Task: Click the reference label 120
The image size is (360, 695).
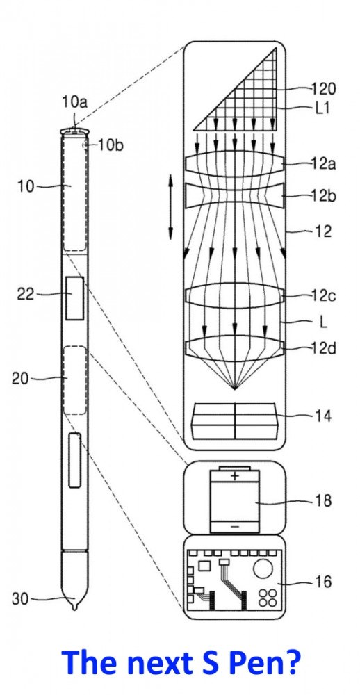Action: click(x=324, y=89)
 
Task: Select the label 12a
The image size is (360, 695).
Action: click(x=323, y=164)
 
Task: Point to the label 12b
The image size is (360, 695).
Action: click(x=324, y=195)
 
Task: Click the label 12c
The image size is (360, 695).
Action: click(x=324, y=296)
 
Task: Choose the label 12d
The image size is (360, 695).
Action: click(x=324, y=348)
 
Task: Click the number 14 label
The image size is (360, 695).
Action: click(x=322, y=416)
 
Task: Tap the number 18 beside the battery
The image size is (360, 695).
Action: click(x=322, y=501)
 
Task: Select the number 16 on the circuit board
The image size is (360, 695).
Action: click(x=322, y=582)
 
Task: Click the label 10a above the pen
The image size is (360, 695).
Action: click(x=74, y=102)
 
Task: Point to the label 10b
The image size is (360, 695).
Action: click(x=110, y=145)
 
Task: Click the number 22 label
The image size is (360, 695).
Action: click(x=26, y=293)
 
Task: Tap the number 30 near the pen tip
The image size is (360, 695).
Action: click(x=20, y=599)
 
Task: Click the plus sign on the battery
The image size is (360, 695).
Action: click(x=235, y=477)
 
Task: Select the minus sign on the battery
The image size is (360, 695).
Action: click(x=235, y=527)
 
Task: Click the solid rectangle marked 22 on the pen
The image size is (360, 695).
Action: click(x=74, y=298)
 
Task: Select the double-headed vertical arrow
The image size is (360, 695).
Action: click(x=171, y=207)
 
